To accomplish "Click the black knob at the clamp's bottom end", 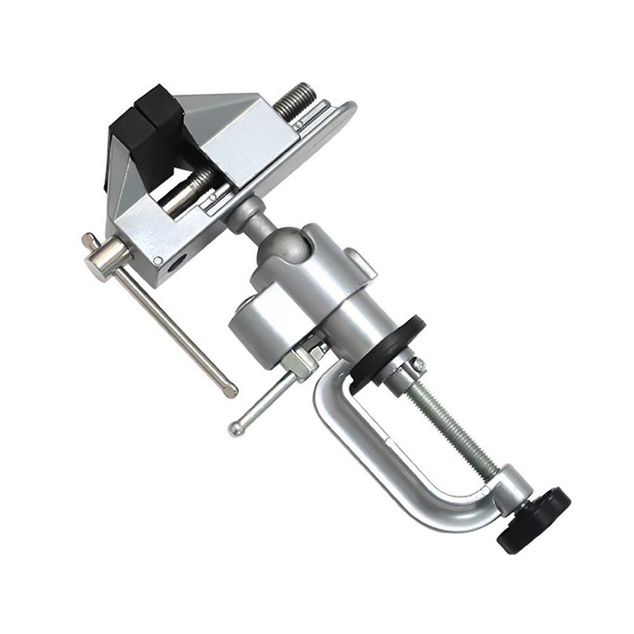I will (534, 518).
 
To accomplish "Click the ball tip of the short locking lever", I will (236, 429).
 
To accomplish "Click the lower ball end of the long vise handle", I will (231, 390).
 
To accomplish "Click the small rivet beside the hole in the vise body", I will (157, 260).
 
